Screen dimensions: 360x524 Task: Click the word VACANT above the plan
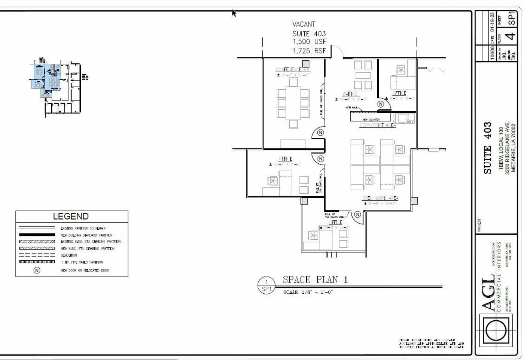pyautogui.click(x=304, y=24)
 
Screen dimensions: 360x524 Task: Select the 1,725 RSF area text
pyautogui.click(x=309, y=51)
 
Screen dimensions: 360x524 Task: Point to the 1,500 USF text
pyautogui.click(x=309, y=42)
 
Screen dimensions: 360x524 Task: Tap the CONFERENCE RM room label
pyautogui.click(x=293, y=70)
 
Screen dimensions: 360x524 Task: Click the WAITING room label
pyautogui.click(x=350, y=94)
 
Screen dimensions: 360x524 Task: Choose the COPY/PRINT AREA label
pyautogui.click(x=377, y=125)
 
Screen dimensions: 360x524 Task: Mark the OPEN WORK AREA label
pyautogui.click(x=380, y=198)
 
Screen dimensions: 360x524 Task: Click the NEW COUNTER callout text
pyautogui.click(x=371, y=120)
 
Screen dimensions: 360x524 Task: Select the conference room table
pyautogui.click(x=293, y=103)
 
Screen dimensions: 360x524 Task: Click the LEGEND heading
pyautogui.click(x=71, y=217)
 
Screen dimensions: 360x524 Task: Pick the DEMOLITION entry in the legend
pyautogui.click(x=69, y=255)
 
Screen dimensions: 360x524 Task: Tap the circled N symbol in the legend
pyautogui.click(x=37, y=270)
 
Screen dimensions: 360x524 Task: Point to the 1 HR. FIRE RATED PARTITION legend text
pyautogui.click(x=82, y=262)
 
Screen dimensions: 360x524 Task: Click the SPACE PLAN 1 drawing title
pyautogui.click(x=315, y=280)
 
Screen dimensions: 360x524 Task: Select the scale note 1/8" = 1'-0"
pyautogui.click(x=308, y=292)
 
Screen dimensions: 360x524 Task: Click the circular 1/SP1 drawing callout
pyautogui.click(x=266, y=285)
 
